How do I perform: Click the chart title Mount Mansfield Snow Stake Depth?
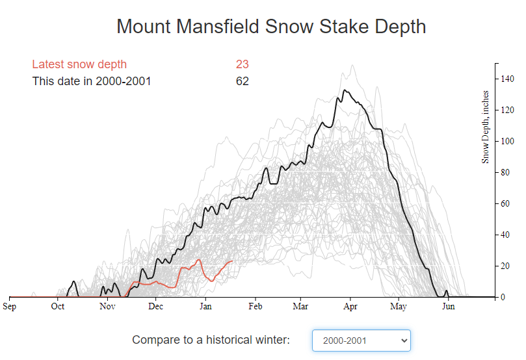pos(271,27)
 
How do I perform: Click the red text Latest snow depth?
pos(79,64)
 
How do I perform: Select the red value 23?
pos(243,64)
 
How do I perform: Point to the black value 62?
pos(243,81)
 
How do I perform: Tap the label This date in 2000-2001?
pos(92,81)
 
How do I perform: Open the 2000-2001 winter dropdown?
pos(362,341)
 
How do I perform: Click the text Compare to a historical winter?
pos(211,340)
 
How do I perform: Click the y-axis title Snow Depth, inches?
pos(485,127)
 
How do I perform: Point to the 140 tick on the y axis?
pos(507,79)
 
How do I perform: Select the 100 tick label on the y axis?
pos(507,141)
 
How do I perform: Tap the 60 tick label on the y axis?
pos(505,203)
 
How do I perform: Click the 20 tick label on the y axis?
pos(505,266)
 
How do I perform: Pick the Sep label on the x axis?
pos(9,306)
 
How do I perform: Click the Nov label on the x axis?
pos(107,306)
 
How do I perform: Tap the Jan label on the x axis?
pos(205,306)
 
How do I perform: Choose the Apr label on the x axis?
pos(350,306)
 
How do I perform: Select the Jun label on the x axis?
pos(449,306)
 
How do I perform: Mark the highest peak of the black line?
pos(345,90)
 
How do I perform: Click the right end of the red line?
pos(232,261)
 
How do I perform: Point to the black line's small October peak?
pos(74,281)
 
